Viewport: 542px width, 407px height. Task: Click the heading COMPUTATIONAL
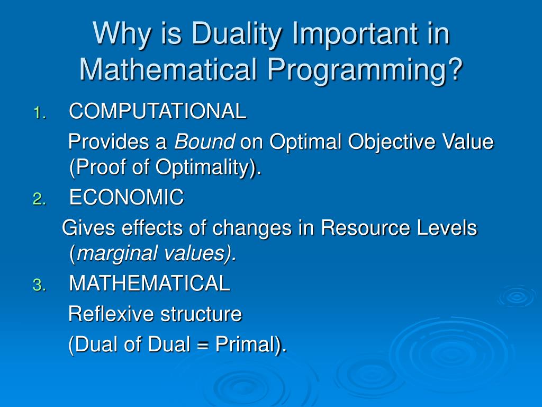158,112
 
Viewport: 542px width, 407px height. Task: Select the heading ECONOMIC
127,198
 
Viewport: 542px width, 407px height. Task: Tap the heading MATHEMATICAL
149,284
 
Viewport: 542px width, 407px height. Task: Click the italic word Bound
204,142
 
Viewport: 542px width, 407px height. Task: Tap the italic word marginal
116,255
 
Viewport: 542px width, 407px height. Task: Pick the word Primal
245,344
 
